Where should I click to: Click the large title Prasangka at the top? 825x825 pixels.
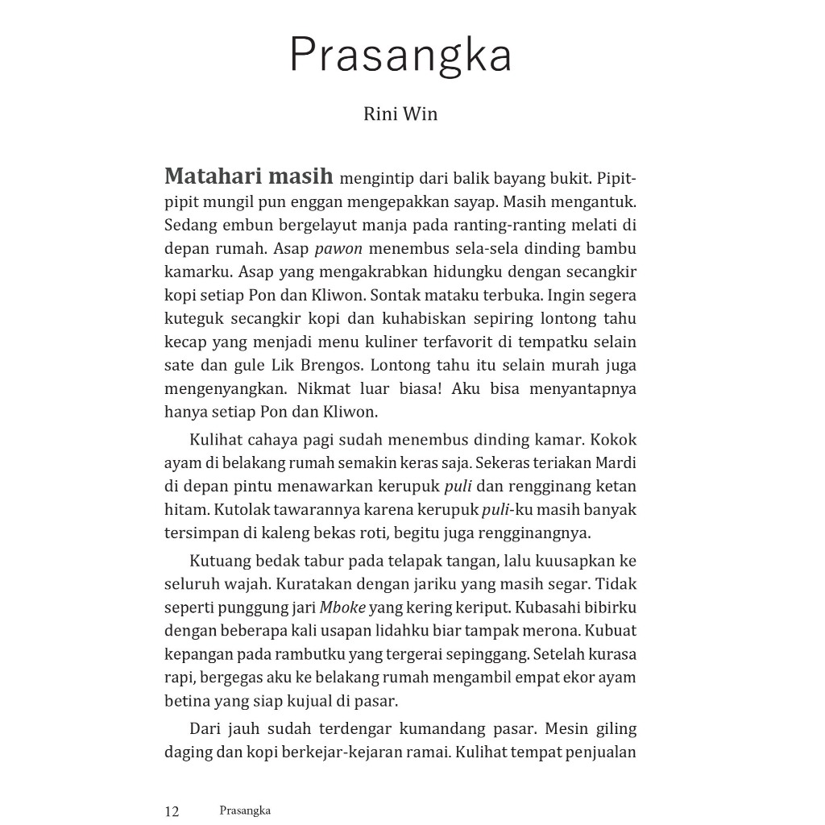click(x=400, y=55)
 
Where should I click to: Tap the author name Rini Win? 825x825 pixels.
click(x=400, y=114)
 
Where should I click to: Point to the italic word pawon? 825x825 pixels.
click(x=338, y=248)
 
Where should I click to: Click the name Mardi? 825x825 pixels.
click(x=616, y=463)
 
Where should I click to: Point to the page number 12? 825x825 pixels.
click(x=172, y=811)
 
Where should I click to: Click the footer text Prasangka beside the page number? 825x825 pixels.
click(x=245, y=810)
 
